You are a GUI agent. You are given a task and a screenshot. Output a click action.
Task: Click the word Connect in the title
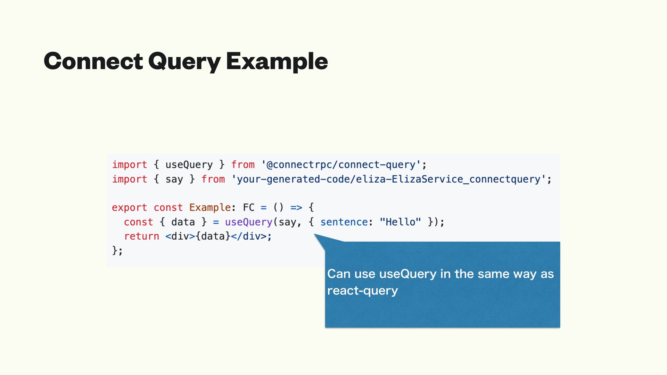93,61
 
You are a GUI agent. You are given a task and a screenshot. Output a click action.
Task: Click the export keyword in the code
129,208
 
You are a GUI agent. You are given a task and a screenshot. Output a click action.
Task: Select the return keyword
141,236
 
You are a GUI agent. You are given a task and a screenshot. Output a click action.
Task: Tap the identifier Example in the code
210,208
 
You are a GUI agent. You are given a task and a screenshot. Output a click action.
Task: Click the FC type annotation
248,208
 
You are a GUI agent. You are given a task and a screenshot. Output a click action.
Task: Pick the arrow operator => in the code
296,208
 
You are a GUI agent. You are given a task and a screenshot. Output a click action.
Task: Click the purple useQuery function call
248,222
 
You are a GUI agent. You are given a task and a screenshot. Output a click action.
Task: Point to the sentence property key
344,222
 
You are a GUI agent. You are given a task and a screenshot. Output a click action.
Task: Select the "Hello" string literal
400,222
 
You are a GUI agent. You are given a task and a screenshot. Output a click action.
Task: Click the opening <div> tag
180,236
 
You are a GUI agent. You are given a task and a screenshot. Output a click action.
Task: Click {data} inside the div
213,236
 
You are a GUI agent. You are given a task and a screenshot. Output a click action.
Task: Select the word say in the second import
174,179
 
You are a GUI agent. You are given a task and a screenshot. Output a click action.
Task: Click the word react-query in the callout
362,291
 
